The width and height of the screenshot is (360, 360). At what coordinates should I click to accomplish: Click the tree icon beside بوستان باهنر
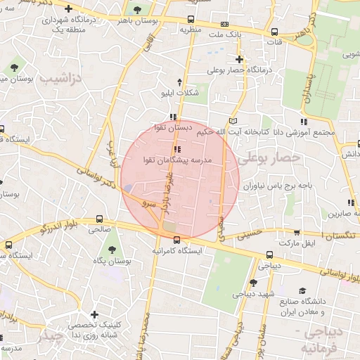point(136,10)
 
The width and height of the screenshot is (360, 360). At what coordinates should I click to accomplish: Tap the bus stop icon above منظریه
point(192,20)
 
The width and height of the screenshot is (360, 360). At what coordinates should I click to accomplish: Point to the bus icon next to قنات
point(274,31)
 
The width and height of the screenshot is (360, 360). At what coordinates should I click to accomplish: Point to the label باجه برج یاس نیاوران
point(278,187)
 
